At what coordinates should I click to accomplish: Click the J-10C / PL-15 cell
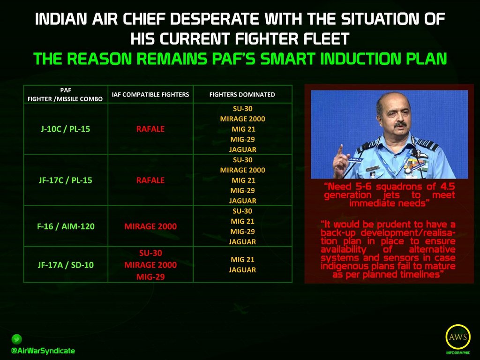[66, 129]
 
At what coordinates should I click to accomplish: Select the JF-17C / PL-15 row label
[66, 180]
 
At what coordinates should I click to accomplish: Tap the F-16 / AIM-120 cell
[66, 226]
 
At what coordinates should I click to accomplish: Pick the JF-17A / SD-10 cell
[66, 265]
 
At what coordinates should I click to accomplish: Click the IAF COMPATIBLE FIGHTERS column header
[150, 95]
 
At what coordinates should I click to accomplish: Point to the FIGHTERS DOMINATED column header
[242, 95]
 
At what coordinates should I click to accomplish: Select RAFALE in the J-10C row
[150, 129]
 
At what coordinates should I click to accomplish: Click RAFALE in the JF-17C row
[150, 180]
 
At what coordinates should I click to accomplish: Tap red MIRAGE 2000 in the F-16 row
[150, 226]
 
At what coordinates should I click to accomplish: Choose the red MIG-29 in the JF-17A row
[150, 277]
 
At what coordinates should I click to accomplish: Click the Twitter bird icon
[16, 339]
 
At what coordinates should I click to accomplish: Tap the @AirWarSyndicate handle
[43, 351]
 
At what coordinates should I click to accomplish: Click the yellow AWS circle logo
[458, 337]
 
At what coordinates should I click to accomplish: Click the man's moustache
[401, 124]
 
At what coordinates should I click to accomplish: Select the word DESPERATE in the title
[214, 19]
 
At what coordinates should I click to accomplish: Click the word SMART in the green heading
[284, 59]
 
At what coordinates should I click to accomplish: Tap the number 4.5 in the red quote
[448, 187]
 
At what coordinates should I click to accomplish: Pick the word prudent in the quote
[397, 225]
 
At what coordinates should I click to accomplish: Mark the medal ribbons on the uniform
[412, 166]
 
